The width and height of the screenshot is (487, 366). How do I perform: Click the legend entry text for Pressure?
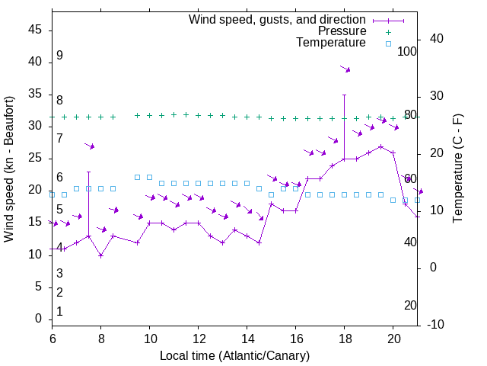point(342,31)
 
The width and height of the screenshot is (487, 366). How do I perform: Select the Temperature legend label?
point(331,43)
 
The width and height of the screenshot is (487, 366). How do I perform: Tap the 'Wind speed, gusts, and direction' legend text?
point(278,19)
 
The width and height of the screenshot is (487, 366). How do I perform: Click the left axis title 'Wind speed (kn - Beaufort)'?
point(9,169)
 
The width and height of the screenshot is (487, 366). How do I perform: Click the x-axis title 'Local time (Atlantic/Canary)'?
point(234,356)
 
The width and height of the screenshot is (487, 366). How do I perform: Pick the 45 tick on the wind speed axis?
point(35,30)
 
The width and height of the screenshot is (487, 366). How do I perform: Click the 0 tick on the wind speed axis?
point(39,319)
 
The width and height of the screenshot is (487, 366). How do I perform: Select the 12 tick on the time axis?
point(199,338)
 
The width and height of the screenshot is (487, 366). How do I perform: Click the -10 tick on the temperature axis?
point(434,325)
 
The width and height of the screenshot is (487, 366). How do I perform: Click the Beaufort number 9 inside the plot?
point(59,56)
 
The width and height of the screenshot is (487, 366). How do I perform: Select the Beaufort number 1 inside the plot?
point(59,312)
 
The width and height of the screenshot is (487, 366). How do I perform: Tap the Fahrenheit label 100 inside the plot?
point(408,51)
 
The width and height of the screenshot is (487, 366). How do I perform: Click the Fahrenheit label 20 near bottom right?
point(410,305)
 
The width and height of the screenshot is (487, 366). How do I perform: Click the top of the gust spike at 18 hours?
point(345,95)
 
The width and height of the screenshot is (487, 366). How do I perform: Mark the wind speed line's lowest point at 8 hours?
point(101,255)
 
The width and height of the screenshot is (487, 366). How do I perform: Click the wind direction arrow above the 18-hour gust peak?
point(345,69)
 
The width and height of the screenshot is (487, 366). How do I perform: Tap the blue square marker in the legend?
point(388,43)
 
